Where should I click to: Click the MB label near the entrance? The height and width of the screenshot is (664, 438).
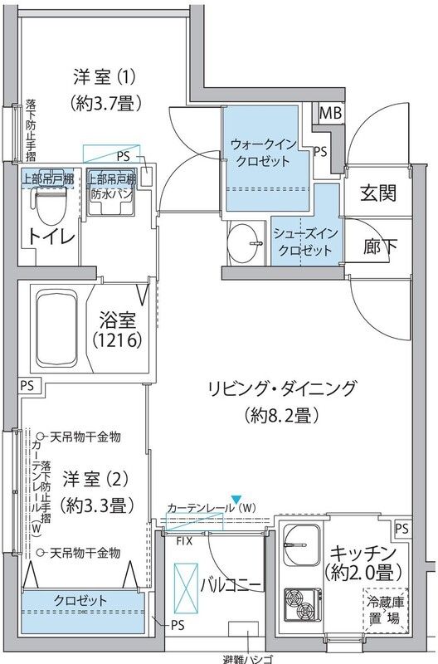coord(331,113)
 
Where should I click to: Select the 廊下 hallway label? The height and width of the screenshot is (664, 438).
coord(377,247)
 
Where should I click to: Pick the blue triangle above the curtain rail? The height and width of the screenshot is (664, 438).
coord(235,497)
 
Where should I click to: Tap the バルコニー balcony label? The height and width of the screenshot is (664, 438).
coord(232,586)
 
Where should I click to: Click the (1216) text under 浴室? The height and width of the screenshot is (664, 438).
coord(119,340)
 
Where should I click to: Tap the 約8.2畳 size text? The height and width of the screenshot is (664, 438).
coord(283,415)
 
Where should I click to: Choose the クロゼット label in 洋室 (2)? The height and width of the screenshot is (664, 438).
coord(80,600)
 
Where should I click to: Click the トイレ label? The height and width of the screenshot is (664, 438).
coord(50,237)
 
